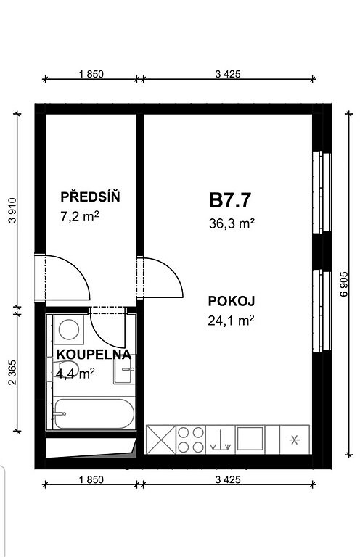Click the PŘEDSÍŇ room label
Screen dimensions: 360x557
click(x=90, y=197)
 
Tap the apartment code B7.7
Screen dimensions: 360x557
click(x=230, y=200)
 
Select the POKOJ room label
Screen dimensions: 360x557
click(x=232, y=301)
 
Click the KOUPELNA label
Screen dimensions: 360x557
click(x=94, y=355)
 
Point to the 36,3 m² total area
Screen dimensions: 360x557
click(x=232, y=224)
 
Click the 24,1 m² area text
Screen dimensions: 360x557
click(x=231, y=321)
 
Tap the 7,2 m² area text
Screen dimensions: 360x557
click(x=79, y=216)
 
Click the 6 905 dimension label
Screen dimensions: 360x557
click(x=344, y=284)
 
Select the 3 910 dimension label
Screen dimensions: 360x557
click(x=12, y=210)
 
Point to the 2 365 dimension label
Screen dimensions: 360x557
click(x=12, y=373)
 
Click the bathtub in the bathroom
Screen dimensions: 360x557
click(x=94, y=414)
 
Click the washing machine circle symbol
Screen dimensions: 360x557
click(x=68, y=330)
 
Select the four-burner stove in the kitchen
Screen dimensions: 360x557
click(x=191, y=440)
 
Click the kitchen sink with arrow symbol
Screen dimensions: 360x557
click(x=221, y=440)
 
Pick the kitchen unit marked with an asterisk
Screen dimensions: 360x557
click(x=294, y=440)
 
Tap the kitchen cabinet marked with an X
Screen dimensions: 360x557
click(x=161, y=440)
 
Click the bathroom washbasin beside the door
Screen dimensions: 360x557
click(x=124, y=370)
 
